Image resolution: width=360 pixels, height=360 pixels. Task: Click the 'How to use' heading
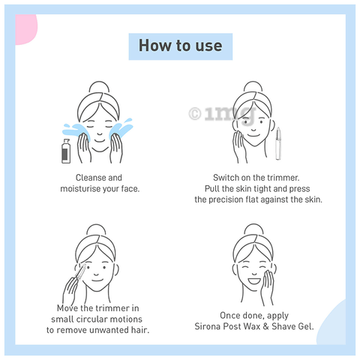tap(181, 46)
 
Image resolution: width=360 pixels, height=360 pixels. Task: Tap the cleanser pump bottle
tap(66, 151)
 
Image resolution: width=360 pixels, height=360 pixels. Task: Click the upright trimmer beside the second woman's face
tap(278, 143)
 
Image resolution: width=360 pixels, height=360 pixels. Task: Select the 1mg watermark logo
tap(223, 114)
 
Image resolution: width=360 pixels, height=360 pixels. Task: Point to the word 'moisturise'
tap(80, 189)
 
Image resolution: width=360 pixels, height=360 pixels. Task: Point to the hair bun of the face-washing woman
tap(99, 87)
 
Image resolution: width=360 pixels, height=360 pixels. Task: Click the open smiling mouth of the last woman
tap(254, 280)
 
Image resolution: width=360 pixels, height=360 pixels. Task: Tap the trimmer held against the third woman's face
tap(80, 273)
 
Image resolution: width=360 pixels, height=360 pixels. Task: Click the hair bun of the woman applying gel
tap(253, 229)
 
